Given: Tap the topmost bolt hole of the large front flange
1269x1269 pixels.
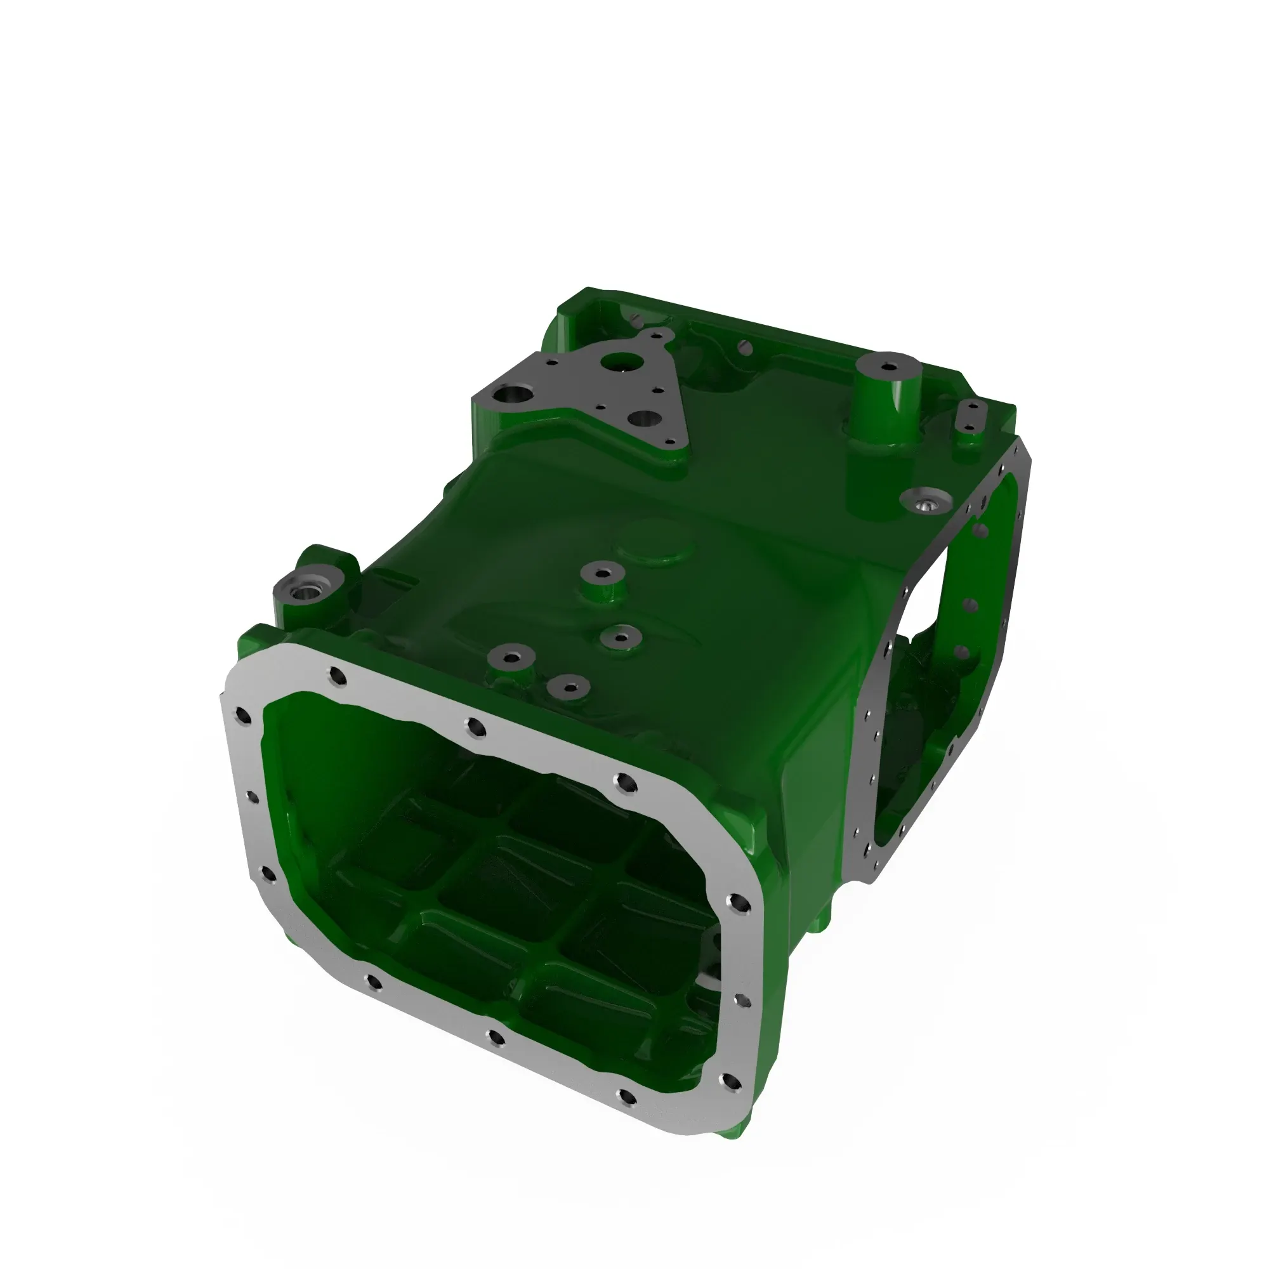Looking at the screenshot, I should pos(338,675).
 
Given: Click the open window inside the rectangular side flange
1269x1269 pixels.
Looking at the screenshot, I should pos(946,631).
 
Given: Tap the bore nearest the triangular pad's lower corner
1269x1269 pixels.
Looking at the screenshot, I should pos(643,419).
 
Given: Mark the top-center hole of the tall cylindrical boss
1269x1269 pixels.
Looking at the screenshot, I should pos(888,367).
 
